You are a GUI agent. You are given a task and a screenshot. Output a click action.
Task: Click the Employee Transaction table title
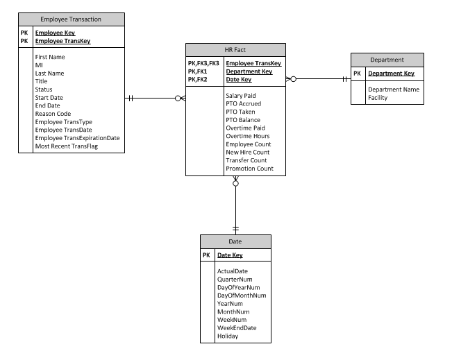tap(71, 19)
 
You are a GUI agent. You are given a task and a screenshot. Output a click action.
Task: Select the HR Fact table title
tap(235, 50)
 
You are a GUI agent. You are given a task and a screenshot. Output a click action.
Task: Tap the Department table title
tap(387, 60)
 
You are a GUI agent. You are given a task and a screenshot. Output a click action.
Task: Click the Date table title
tap(235, 241)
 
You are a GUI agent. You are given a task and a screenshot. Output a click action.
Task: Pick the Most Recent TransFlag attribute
tap(67, 146)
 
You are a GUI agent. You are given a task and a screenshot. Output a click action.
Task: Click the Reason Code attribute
tap(53, 114)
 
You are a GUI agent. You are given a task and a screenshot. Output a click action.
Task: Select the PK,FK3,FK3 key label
tap(203, 63)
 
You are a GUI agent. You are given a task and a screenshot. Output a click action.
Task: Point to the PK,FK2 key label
tap(197, 80)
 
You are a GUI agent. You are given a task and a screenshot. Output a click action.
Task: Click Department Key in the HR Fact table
tap(249, 71)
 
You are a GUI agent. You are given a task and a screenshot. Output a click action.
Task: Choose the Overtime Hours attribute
tap(248, 136)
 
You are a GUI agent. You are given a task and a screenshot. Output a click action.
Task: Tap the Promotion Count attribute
tap(250, 169)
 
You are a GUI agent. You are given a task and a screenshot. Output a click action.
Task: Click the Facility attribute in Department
tap(378, 98)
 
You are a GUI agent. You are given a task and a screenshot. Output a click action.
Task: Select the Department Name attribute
tap(394, 89)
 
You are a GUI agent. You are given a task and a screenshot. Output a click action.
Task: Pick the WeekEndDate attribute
tap(237, 327)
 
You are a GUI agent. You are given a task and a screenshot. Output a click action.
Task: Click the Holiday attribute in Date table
tap(228, 336)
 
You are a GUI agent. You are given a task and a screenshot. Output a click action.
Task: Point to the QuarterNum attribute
tap(235, 280)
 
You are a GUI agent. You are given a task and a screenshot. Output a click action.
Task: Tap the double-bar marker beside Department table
tap(345, 79)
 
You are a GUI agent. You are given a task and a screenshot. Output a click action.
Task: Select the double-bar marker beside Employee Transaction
tap(131, 98)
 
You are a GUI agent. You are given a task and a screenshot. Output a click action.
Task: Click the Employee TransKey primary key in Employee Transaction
tap(63, 41)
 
